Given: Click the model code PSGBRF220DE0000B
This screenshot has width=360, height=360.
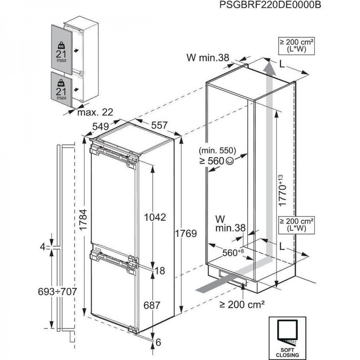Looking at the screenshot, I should (x=270, y=5).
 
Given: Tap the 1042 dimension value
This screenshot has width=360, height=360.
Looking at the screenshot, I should (x=155, y=218).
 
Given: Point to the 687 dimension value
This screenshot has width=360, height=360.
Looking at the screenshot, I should (x=152, y=306).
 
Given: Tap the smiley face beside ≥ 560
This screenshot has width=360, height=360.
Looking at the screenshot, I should (x=229, y=161).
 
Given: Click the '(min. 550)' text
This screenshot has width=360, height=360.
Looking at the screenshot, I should (x=217, y=151).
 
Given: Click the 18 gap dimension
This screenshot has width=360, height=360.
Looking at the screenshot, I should (x=160, y=271).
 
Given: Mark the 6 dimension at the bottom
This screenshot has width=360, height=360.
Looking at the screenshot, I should (x=158, y=343).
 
